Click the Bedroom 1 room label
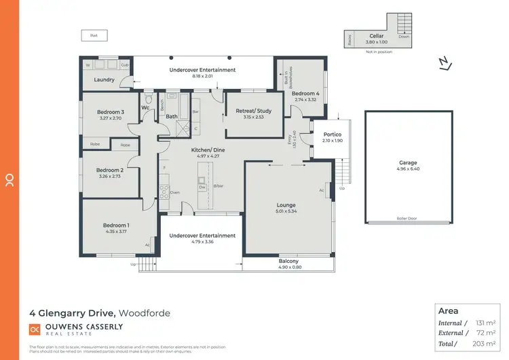115,226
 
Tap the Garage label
408,163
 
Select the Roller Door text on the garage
407,219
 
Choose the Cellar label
377,35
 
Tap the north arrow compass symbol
445,63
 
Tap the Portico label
332,134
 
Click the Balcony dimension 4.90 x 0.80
288,268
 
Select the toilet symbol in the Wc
148,97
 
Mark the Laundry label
103,80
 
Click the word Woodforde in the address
145,313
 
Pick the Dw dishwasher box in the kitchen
202,186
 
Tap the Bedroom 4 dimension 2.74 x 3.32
305,100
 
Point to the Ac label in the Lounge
321,190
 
